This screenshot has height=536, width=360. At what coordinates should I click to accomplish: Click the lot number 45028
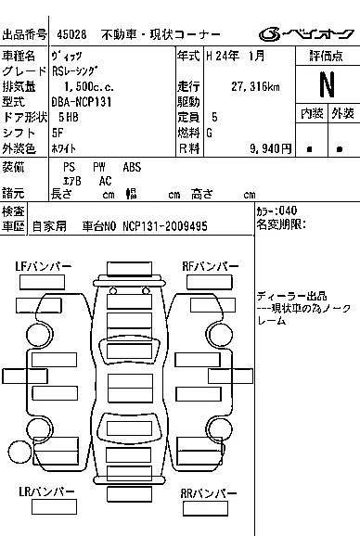71,34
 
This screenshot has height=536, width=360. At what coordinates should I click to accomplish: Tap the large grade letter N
327,84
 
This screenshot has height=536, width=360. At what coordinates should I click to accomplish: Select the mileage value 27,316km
255,86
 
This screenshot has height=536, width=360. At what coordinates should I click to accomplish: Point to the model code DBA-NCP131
82,102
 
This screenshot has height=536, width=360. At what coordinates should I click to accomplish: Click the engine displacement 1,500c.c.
88,86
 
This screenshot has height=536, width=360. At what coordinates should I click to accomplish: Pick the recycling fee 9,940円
270,148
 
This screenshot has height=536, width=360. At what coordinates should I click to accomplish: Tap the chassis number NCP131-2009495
165,226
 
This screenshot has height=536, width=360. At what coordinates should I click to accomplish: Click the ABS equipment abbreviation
132,167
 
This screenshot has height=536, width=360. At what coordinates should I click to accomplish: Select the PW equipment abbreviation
99,167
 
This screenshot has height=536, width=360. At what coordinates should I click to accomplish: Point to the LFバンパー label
43,266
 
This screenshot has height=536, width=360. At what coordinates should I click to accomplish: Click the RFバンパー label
211,266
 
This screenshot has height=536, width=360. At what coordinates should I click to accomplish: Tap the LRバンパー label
46,491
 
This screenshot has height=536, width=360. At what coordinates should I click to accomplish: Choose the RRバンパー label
209,493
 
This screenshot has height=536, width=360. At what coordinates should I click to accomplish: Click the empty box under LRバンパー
54,507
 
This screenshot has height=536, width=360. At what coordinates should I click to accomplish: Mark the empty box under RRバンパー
205,509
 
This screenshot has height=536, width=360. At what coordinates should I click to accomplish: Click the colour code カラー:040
276,211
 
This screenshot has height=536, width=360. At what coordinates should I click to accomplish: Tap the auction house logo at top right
306,34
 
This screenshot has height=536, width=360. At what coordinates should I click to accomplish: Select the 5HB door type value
69,117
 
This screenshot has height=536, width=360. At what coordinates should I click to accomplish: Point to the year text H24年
223,56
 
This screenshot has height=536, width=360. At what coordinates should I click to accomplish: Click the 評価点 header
327,56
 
